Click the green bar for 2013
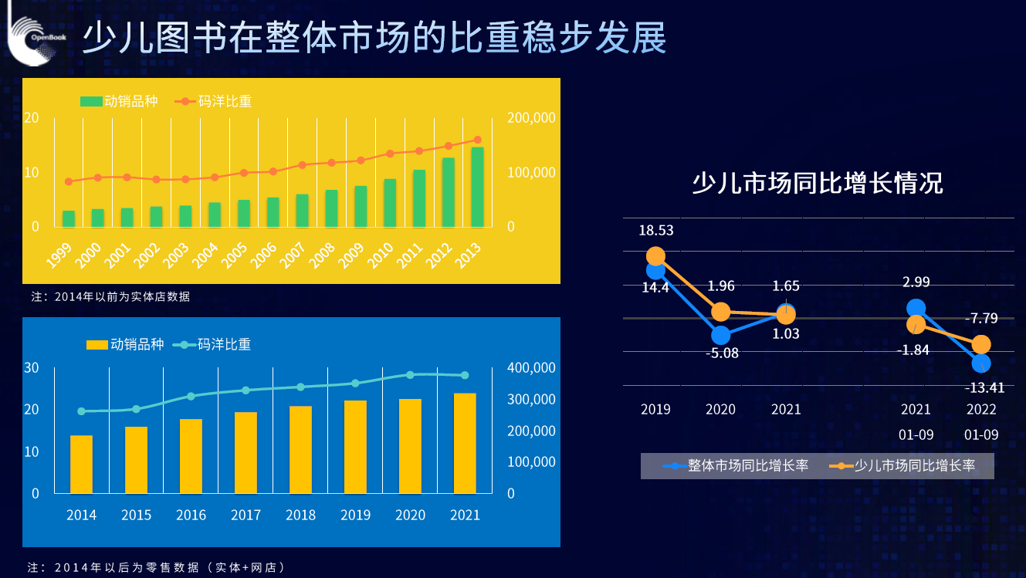pyautogui.click(x=477, y=187)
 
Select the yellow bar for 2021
pyautogui.click(x=465, y=443)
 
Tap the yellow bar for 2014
pyautogui.click(x=81, y=464)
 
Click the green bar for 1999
pyautogui.click(x=69, y=218)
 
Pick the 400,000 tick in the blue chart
pyautogui.click(x=531, y=367)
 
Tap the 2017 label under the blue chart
pyautogui.click(x=245, y=515)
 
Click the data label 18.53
pyautogui.click(x=655, y=231)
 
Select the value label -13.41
pyautogui.click(x=984, y=387)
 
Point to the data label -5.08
pyautogui.click(x=722, y=353)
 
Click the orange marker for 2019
pyautogui.click(x=655, y=256)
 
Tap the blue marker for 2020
pyautogui.click(x=721, y=335)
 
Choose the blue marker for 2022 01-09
pyautogui.click(x=981, y=363)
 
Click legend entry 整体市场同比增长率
pyautogui.click(x=736, y=465)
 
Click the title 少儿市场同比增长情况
pyautogui.click(x=817, y=184)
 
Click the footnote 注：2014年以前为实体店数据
pyautogui.click(x=110, y=296)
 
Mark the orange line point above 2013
pyautogui.click(x=477, y=140)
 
